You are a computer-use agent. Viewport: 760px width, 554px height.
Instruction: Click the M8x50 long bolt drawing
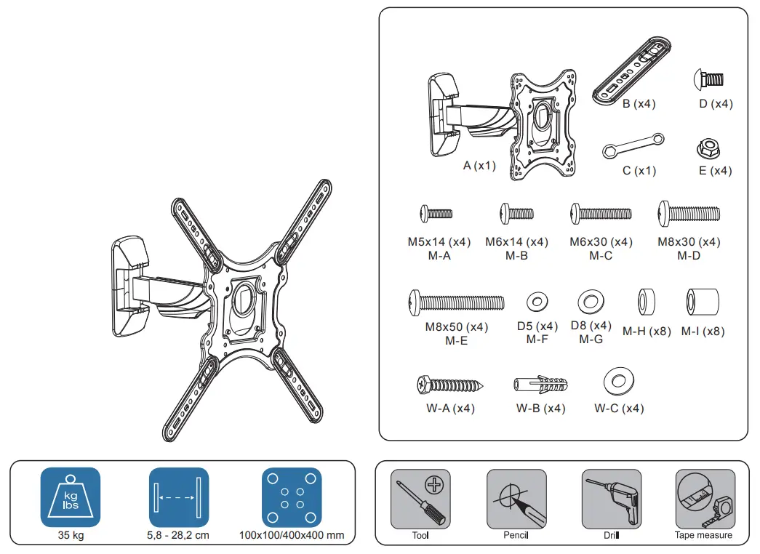tap(457, 301)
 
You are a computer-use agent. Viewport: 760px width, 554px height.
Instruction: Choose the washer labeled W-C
tap(619, 380)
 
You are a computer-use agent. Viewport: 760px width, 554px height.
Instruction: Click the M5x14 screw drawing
tap(436, 214)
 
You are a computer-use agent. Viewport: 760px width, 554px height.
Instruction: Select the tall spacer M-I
tap(703, 302)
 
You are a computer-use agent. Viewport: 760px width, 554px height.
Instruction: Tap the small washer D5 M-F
tap(537, 300)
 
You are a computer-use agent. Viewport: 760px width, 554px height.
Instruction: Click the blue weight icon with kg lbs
tap(71, 497)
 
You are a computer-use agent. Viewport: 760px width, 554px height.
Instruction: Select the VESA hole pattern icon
tap(291, 497)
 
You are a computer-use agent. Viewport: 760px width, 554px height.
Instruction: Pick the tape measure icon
tap(704, 499)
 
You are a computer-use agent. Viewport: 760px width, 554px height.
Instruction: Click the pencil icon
tap(516, 499)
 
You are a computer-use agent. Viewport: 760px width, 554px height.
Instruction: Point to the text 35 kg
tap(71, 536)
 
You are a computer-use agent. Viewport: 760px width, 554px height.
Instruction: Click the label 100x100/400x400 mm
tap(292, 536)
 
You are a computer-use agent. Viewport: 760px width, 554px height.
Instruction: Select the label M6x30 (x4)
tap(601, 242)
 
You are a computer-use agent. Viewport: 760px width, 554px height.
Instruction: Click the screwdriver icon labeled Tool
tap(420, 499)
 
